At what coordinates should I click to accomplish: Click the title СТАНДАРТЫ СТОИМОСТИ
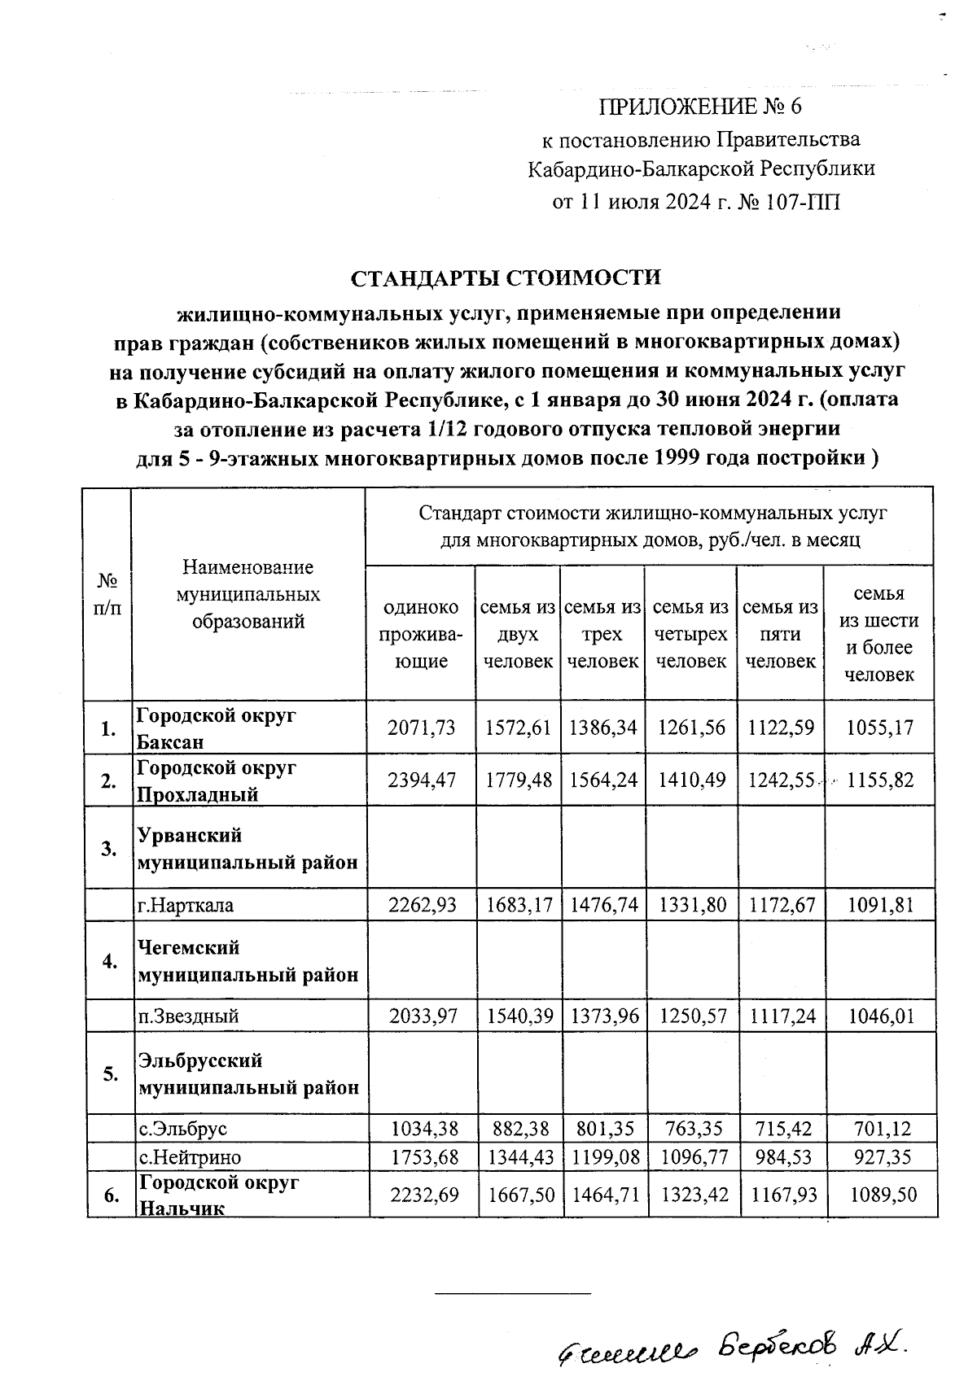point(506,278)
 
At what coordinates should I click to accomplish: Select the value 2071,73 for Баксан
point(422,728)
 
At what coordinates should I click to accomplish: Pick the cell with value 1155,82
point(880,780)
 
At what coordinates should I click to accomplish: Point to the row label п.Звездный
point(188,1016)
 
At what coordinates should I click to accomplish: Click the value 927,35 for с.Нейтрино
point(880,1156)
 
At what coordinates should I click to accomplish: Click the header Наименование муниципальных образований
point(248,594)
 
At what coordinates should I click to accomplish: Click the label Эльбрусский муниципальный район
point(248,1073)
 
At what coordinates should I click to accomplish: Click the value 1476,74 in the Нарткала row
point(602,904)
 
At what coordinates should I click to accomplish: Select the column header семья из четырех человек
point(690,634)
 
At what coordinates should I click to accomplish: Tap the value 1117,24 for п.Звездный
point(780,1016)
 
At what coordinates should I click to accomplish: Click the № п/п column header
point(107,594)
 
